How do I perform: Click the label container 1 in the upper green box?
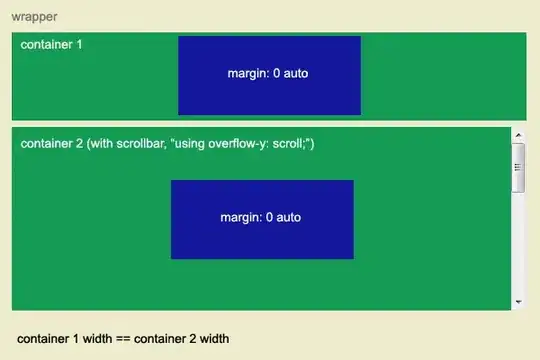pyautogui.click(x=52, y=46)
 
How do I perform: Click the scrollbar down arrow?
pyautogui.click(x=518, y=301)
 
